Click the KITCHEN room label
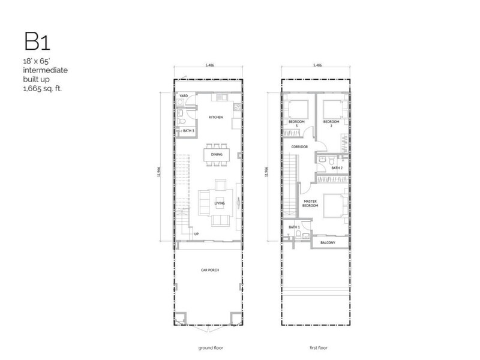point(216,118)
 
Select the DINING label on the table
point(217,155)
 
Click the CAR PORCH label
point(210,271)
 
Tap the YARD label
point(183,95)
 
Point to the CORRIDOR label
point(300,146)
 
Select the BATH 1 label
point(293,227)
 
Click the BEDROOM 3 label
point(296,124)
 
